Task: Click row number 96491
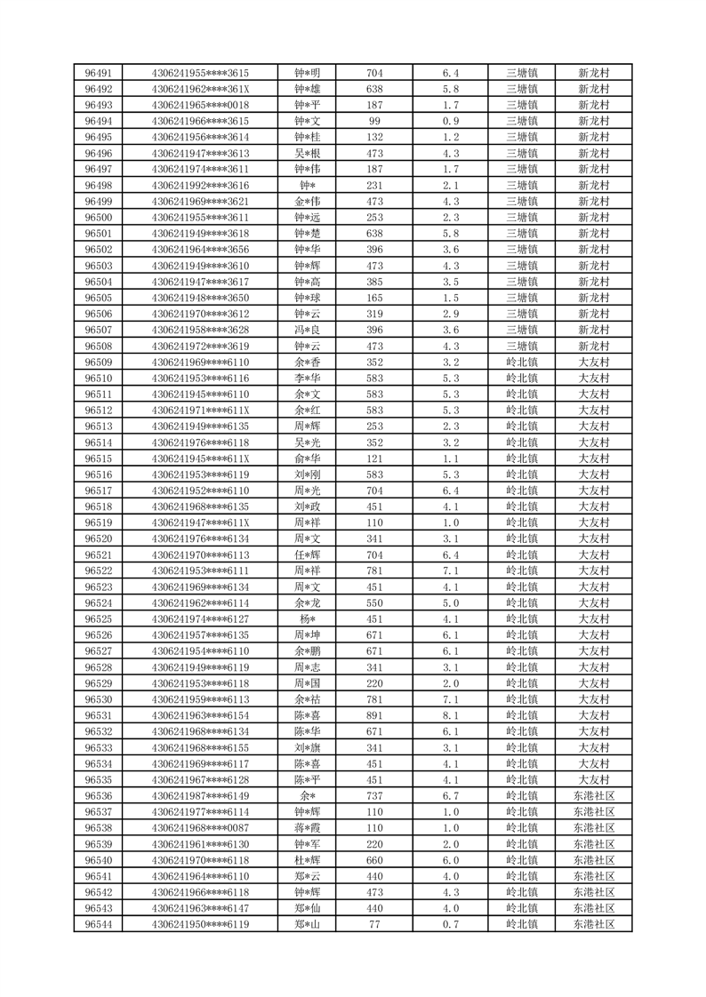click(x=98, y=73)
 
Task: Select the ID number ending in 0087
click(x=200, y=828)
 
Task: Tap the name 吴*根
click(x=308, y=153)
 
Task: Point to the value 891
click(x=374, y=715)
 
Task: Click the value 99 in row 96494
click(x=374, y=121)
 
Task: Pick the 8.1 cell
click(x=451, y=715)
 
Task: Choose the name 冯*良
click(x=308, y=330)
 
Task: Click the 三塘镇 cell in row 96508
click(x=521, y=346)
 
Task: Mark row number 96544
click(x=98, y=924)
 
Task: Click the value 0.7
click(x=451, y=924)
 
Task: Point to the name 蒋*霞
click(x=308, y=828)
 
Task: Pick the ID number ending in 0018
click(x=200, y=105)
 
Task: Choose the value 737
click(x=374, y=796)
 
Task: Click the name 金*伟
click(x=308, y=201)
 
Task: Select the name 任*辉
click(x=308, y=554)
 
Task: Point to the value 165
click(x=374, y=298)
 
